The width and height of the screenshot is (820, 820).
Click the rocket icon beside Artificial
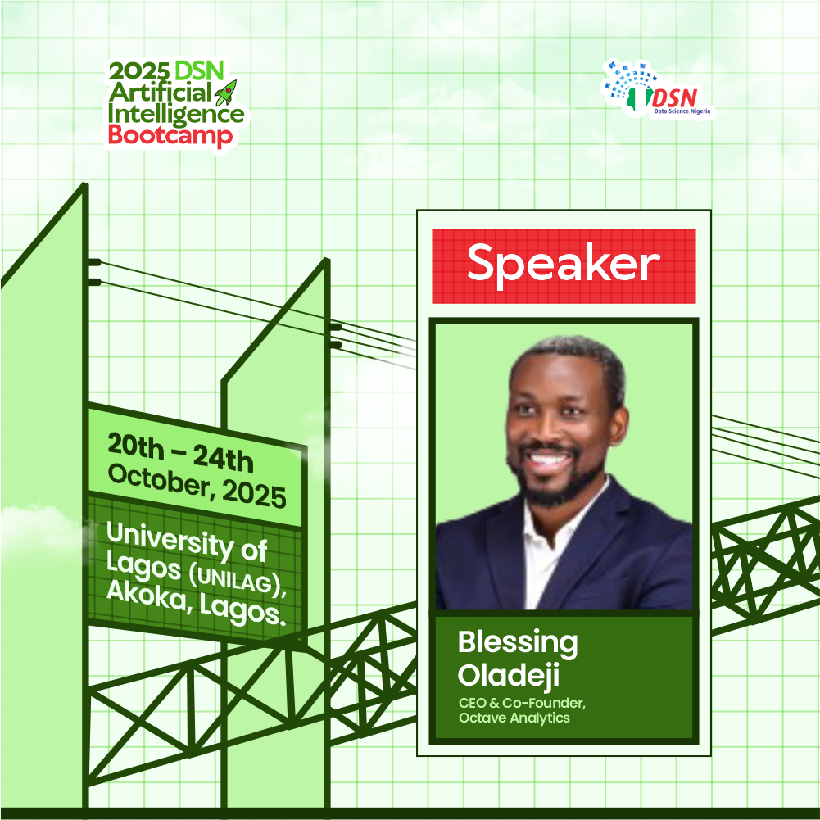[226, 93]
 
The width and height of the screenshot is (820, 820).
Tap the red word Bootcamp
[170, 135]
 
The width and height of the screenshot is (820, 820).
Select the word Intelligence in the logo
[176, 115]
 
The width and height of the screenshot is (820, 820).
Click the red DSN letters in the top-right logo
[675, 97]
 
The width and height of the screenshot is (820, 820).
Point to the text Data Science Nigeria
[682, 111]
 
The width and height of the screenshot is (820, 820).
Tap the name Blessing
[518, 643]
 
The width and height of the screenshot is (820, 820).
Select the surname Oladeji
[509, 675]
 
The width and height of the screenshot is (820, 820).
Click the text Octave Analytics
[514, 718]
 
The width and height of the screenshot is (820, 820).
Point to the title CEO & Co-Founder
[522, 704]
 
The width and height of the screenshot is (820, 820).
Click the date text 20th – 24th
[180, 452]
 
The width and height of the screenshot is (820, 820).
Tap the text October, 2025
[197, 486]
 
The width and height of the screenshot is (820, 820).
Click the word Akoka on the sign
[147, 595]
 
